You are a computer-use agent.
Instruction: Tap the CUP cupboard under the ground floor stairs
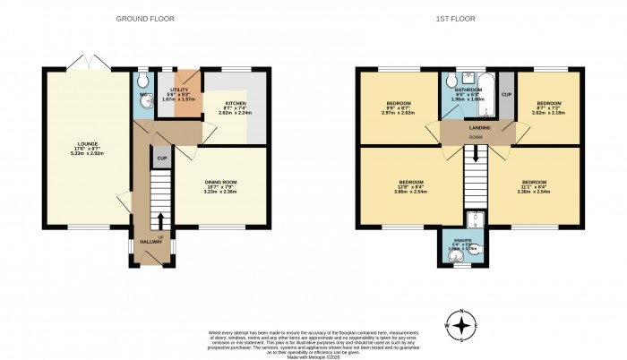tap(162, 159)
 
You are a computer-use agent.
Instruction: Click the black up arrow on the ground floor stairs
tap(161, 219)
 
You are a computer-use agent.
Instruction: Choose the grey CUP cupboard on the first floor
tap(506, 95)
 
